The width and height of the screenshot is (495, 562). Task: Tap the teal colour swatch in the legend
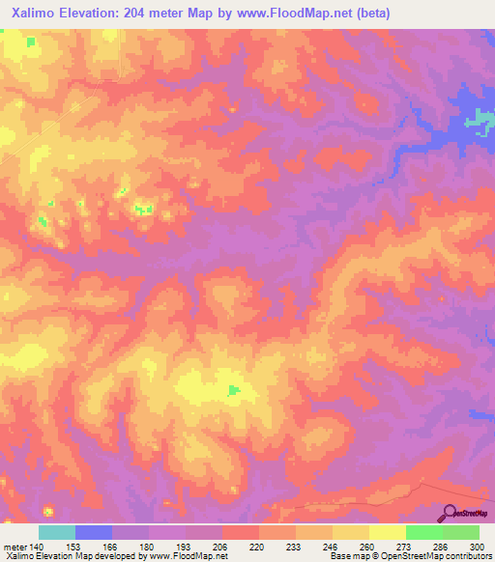(57, 532)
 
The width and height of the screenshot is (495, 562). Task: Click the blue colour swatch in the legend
(94, 532)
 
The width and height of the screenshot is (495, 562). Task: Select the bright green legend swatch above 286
(423, 532)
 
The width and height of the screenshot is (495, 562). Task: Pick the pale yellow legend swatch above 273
(387, 532)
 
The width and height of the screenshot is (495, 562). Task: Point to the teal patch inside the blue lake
(478, 120)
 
